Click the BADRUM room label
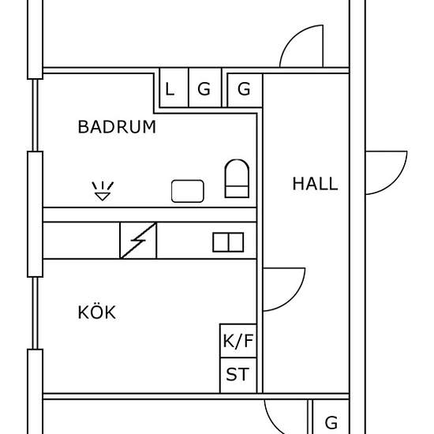[x=117, y=127]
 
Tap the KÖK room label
[x=96, y=312]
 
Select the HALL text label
[x=315, y=184]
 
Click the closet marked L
[x=174, y=88]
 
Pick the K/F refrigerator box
[x=238, y=340]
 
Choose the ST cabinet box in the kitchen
[x=238, y=375]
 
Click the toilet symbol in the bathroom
[x=237, y=178]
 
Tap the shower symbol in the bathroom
[x=103, y=191]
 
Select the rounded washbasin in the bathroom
[x=188, y=191]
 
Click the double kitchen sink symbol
[x=228, y=242]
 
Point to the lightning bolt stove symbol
[x=138, y=240]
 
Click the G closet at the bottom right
[x=331, y=417]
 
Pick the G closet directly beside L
[x=205, y=88]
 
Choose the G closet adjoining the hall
[x=245, y=90]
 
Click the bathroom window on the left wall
[x=36, y=115]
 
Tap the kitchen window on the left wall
[x=36, y=313]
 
